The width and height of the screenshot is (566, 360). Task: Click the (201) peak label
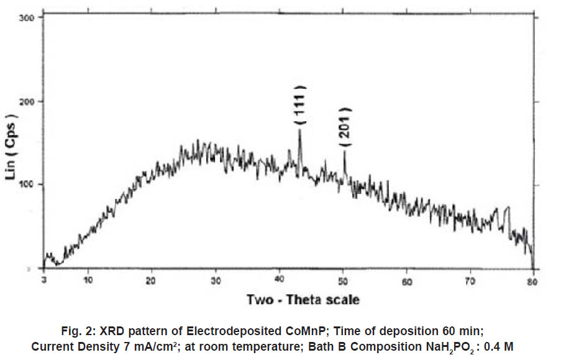[347, 127]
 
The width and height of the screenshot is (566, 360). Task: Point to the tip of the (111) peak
[300, 129]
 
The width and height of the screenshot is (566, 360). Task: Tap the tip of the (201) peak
[345, 150]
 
